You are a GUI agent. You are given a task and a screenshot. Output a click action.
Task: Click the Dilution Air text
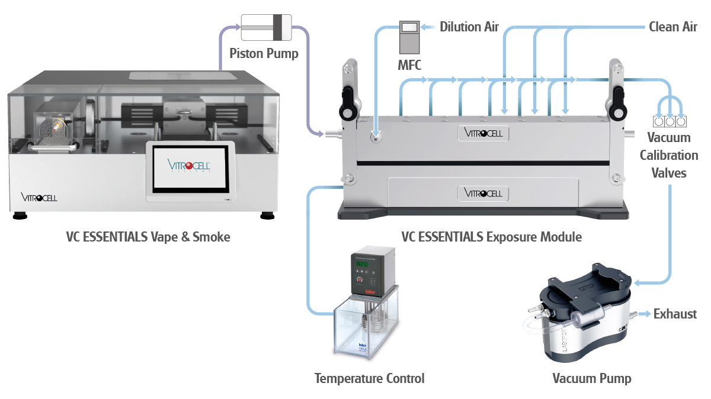coord(469,27)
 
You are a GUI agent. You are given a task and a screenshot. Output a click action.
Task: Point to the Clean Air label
coord(672,27)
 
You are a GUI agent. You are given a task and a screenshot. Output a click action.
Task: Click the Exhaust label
coord(675,314)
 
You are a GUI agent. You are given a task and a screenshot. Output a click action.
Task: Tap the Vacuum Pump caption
coord(592,378)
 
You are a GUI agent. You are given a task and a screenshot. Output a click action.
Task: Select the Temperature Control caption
coord(369,378)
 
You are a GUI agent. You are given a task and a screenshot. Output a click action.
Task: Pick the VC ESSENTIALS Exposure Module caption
coord(491,237)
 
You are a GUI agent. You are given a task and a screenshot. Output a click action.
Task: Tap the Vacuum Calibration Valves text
coord(669,155)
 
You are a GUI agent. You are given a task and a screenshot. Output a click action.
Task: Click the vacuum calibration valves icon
coord(669,122)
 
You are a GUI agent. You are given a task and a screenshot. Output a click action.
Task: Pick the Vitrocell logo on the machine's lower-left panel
coord(39,197)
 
